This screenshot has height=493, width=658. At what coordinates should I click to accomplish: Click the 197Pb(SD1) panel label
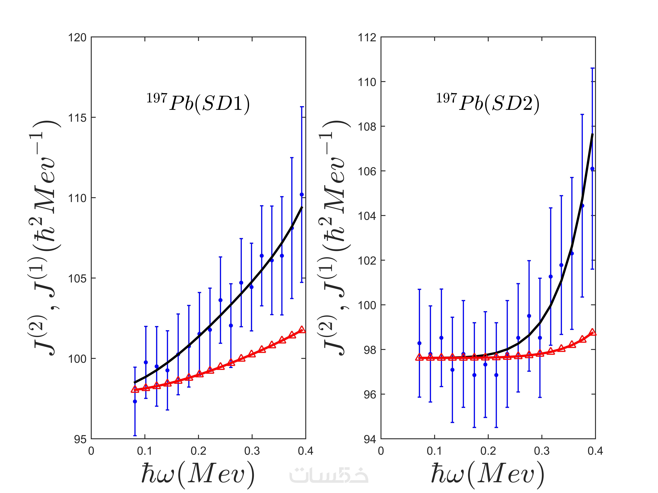pyautogui.click(x=198, y=103)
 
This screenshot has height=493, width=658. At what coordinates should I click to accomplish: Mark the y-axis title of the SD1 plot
pyautogui.click(x=48, y=238)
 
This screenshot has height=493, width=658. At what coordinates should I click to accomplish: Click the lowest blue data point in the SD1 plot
pyautogui.click(x=135, y=402)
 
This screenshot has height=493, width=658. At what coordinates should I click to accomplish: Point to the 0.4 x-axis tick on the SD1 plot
pyautogui.click(x=306, y=451)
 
